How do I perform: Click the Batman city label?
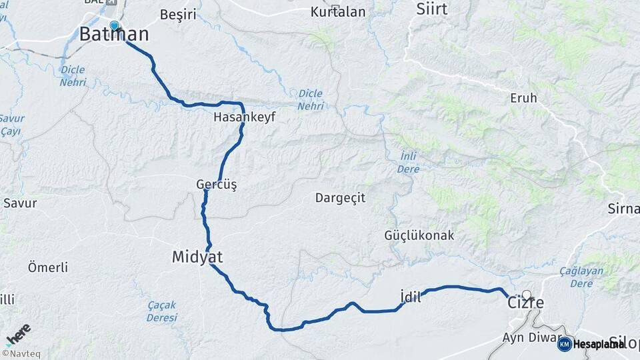pos(114,35)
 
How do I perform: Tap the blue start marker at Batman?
pos(114,26)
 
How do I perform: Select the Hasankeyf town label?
pos(244,117)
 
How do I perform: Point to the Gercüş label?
pos(216,183)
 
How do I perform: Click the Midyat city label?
pos(197,257)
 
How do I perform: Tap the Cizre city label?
pos(526,303)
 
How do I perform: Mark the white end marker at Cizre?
pos(527,294)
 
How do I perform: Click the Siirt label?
pos(432,9)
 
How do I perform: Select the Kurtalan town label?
pos(338,12)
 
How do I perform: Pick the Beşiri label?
pos(178,14)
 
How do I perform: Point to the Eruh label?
pos(523,98)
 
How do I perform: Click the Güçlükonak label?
pos(419,235)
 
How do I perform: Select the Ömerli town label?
pos(48,267)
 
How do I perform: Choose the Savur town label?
pos(20,203)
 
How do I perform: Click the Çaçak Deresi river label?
pos(162,311)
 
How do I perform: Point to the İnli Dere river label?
pos(409,163)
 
